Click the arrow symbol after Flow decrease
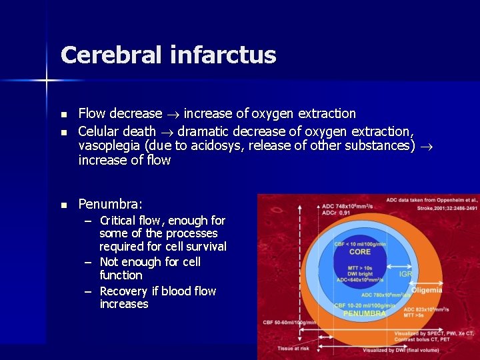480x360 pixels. tap(173, 114)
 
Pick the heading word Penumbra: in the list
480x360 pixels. tap(110, 204)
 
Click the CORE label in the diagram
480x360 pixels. tap(360, 252)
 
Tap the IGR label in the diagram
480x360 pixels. tap(405, 274)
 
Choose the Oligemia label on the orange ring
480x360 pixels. tap(426, 289)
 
